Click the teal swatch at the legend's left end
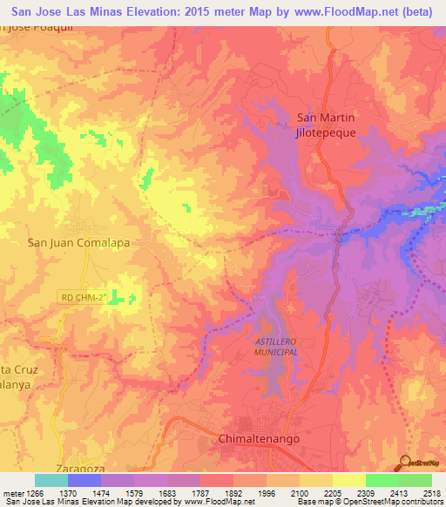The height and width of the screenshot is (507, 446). (51, 480)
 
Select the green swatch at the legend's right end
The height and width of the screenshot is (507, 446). (416, 480)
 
